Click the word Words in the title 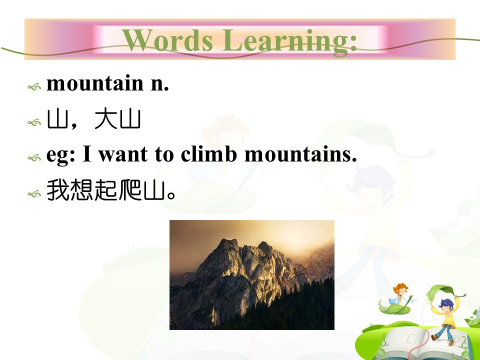167,40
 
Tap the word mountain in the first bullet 95,83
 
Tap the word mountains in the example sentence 300,154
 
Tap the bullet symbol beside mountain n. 34,87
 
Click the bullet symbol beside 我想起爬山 34,194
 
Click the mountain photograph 252,274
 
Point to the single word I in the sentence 87,153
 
